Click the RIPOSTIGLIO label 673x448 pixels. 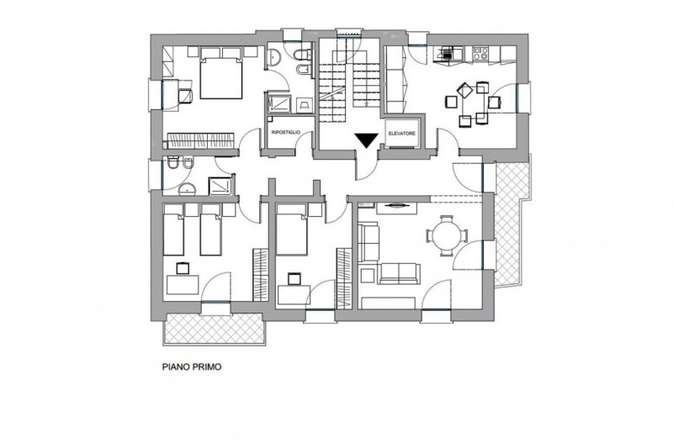point(286,133)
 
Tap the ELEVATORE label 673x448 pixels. point(402,134)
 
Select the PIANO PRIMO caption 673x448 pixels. point(192,367)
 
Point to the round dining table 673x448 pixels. point(447,236)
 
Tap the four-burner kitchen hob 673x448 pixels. point(480,53)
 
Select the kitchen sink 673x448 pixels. point(448,54)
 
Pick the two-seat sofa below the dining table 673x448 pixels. point(399,273)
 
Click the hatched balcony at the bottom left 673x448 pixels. point(214,329)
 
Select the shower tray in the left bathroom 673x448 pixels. point(220,186)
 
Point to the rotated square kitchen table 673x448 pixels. point(465,91)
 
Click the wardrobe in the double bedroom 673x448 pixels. point(200,140)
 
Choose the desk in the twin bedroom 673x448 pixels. point(183,285)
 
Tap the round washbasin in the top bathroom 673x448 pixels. point(274,57)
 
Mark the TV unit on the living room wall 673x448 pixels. point(396,208)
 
